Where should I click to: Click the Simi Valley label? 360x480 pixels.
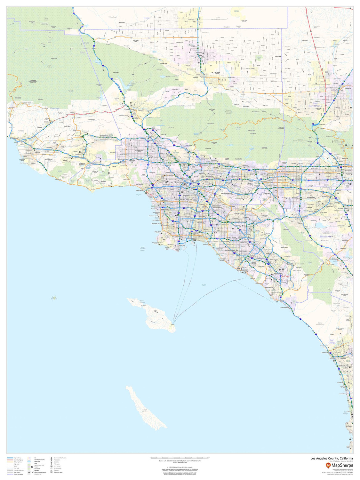[104, 135]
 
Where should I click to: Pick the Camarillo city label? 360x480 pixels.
[49, 148]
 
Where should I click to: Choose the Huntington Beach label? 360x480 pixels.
[222, 260]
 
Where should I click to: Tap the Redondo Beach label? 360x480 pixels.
[157, 223]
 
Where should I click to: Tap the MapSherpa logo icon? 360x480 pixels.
[329, 465]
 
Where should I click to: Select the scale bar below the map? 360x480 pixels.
[179, 458]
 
